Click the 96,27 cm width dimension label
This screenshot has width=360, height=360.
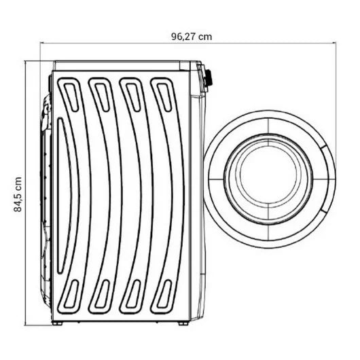[192, 37]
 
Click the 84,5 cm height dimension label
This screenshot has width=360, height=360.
[18, 194]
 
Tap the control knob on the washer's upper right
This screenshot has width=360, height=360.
[209, 78]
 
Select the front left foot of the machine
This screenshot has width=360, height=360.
[57, 324]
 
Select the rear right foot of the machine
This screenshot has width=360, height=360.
[183, 324]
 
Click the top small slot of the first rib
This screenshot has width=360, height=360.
[71, 97]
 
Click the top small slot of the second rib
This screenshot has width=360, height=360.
[102, 97]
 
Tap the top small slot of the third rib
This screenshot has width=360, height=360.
[133, 97]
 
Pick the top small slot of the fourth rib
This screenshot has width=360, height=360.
[164, 97]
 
